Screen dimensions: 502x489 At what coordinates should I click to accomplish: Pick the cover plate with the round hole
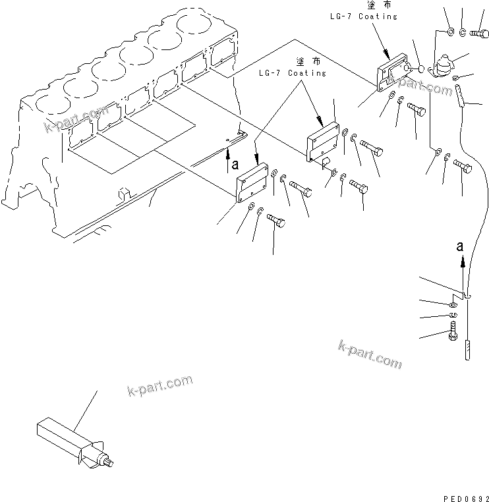tap(393, 72)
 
